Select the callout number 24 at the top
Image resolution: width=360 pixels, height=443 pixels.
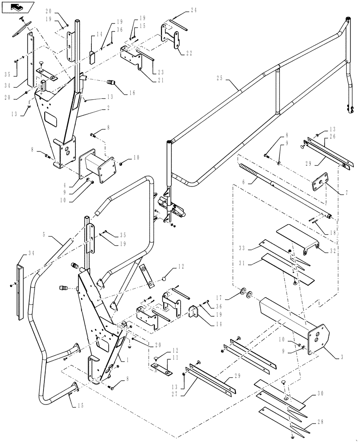click(193, 10)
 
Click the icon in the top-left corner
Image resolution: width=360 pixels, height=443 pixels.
click(17, 7)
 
